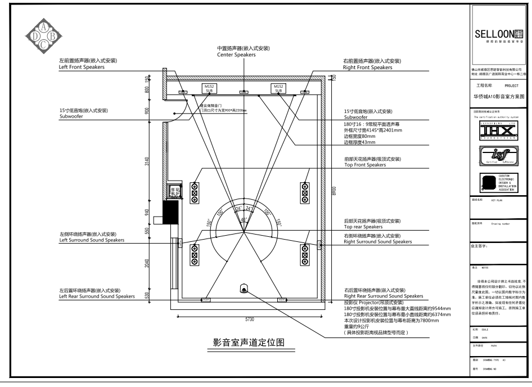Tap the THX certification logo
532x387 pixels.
[499, 130]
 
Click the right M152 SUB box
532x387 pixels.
[278, 88]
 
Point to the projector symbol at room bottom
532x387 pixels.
[244, 289]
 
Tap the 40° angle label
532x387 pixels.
[244, 220]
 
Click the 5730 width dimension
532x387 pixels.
[250, 319]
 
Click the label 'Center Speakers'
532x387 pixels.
[236, 55]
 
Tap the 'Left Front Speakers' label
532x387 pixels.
[82, 67]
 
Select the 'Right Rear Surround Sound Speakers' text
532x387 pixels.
[383, 295]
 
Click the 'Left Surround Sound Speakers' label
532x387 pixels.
[92, 240]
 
